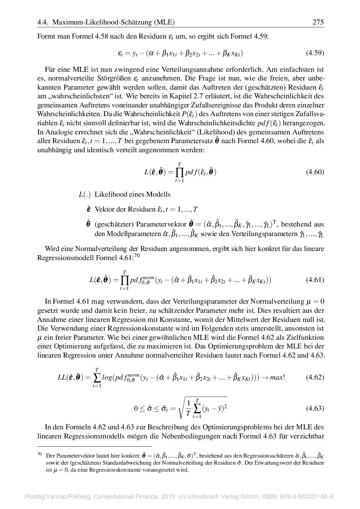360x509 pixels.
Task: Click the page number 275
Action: [x=318, y=22]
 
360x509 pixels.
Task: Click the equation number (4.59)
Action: [x=314, y=53]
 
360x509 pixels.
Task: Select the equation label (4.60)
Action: [x=314, y=172]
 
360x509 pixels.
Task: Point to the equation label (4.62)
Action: [x=314, y=377]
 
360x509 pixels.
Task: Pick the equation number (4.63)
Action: [x=314, y=408]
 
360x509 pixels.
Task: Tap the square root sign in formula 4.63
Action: [x=181, y=408]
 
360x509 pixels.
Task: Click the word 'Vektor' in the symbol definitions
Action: [x=104, y=209]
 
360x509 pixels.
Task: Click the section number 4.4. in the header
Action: [x=44, y=22]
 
